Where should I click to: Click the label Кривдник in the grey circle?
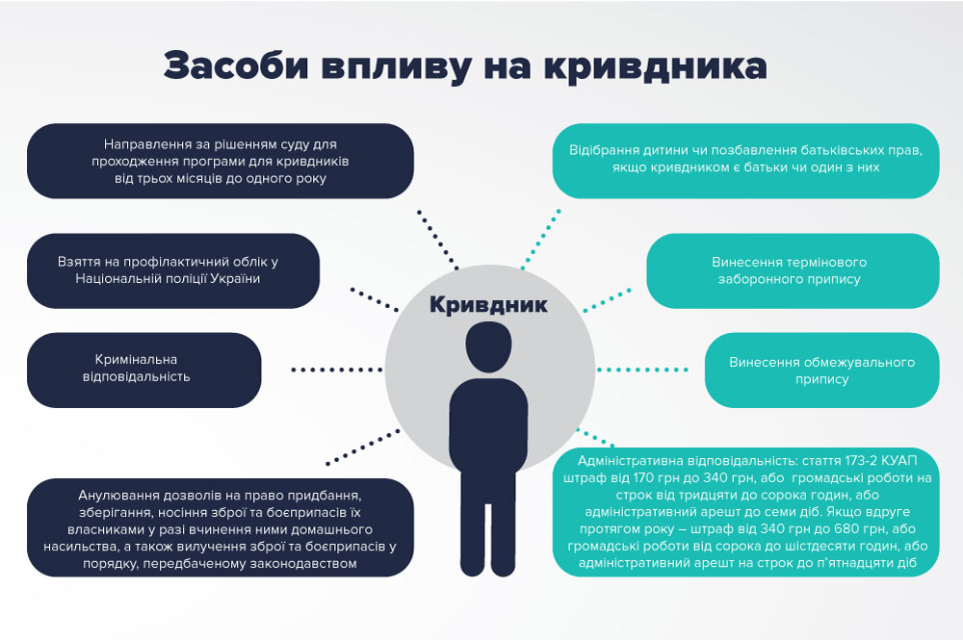pyautogui.click(x=487, y=305)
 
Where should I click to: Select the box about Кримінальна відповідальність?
pyautogui.click(x=143, y=369)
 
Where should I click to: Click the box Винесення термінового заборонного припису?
pyautogui.click(x=792, y=270)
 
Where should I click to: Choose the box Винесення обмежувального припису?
pyautogui.click(x=821, y=370)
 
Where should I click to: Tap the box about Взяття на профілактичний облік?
pyautogui.click(x=172, y=270)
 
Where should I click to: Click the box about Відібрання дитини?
pyautogui.click(x=744, y=160)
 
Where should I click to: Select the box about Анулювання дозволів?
pyautogui.click(x=221, y=528)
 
